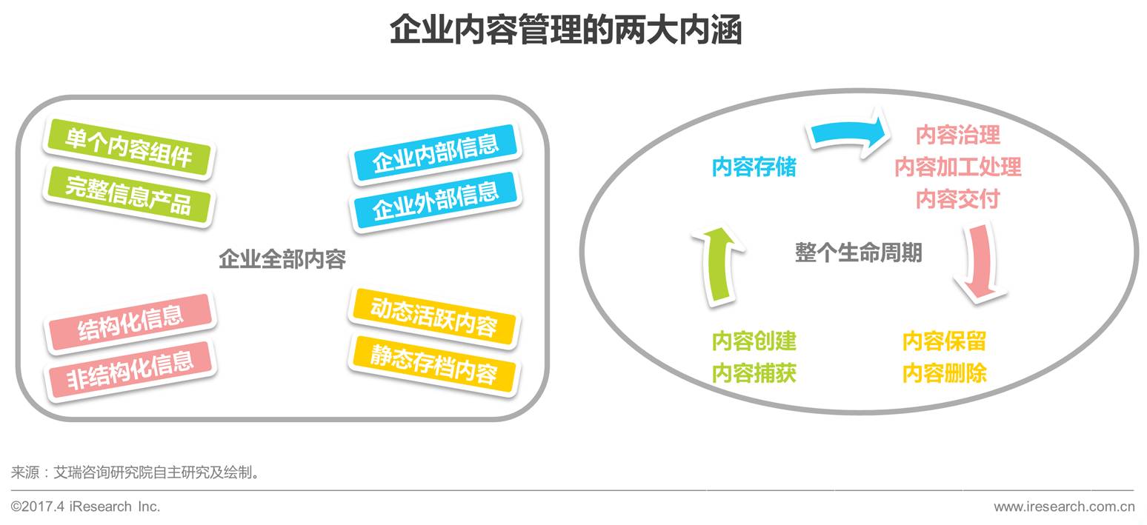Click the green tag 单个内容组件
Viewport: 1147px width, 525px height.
coord(128,147)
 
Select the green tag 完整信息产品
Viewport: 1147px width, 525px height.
coord(128,195)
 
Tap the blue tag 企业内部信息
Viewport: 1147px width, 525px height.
coord(435,153)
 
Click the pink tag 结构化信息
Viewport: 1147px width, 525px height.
coord(130,322)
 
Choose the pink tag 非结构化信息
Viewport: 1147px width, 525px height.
coord(130,369)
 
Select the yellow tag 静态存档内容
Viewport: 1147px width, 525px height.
coord(433,364)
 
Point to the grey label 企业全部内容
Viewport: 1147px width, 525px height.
coord(282,259)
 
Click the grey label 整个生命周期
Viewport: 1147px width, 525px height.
coord(858,253)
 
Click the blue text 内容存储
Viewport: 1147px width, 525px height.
coord(754,167)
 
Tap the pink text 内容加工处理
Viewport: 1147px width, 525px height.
coord(957,167)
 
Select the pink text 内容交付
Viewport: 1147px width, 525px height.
coord(957,199)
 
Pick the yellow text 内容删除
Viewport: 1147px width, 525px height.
coord(944,373)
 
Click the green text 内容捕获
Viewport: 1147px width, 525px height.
coord(754,373)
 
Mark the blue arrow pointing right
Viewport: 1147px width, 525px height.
coord(848,134)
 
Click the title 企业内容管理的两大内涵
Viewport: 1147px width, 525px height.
coord(565,30)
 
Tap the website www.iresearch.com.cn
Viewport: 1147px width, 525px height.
coord(1063,506)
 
